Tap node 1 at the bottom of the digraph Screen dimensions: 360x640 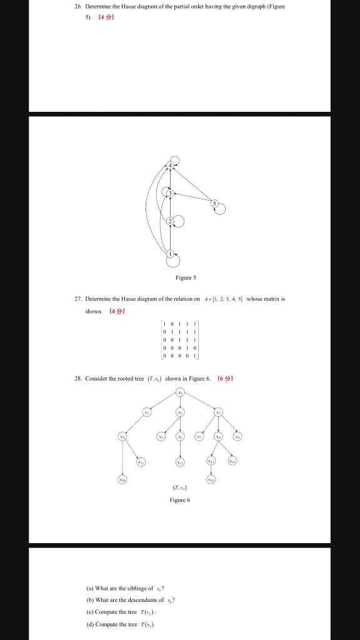coord(169,254)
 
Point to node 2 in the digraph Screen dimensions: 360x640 coord(169,222)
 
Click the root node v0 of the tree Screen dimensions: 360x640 coord(181,392)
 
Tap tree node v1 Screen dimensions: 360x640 coord(147,412)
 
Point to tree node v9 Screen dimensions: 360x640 coord(237,436)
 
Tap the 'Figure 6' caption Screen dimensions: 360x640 coord(179,501)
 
